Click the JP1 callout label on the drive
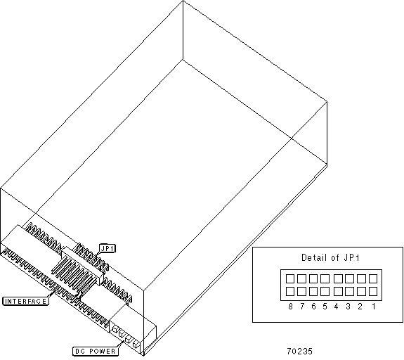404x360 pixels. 107,248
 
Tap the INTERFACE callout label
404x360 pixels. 25,301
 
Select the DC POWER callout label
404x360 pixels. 95,351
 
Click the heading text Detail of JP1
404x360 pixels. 330,257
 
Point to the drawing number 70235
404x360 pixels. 299,351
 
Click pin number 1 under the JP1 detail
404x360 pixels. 373,307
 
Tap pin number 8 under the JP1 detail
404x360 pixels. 290,307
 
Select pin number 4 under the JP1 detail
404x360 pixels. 336,307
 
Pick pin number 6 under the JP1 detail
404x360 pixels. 313,307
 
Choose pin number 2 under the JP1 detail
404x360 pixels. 360,307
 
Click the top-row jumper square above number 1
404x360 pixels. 373,278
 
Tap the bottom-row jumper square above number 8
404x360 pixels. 290,292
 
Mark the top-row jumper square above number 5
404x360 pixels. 325,278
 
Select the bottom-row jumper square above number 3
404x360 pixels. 349,292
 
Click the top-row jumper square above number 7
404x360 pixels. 301,278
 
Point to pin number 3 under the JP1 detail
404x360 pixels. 348,307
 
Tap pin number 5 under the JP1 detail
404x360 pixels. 325,307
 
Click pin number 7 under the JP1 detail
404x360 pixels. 302,307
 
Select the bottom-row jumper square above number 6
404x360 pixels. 313,292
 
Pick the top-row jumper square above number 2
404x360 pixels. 361,278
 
